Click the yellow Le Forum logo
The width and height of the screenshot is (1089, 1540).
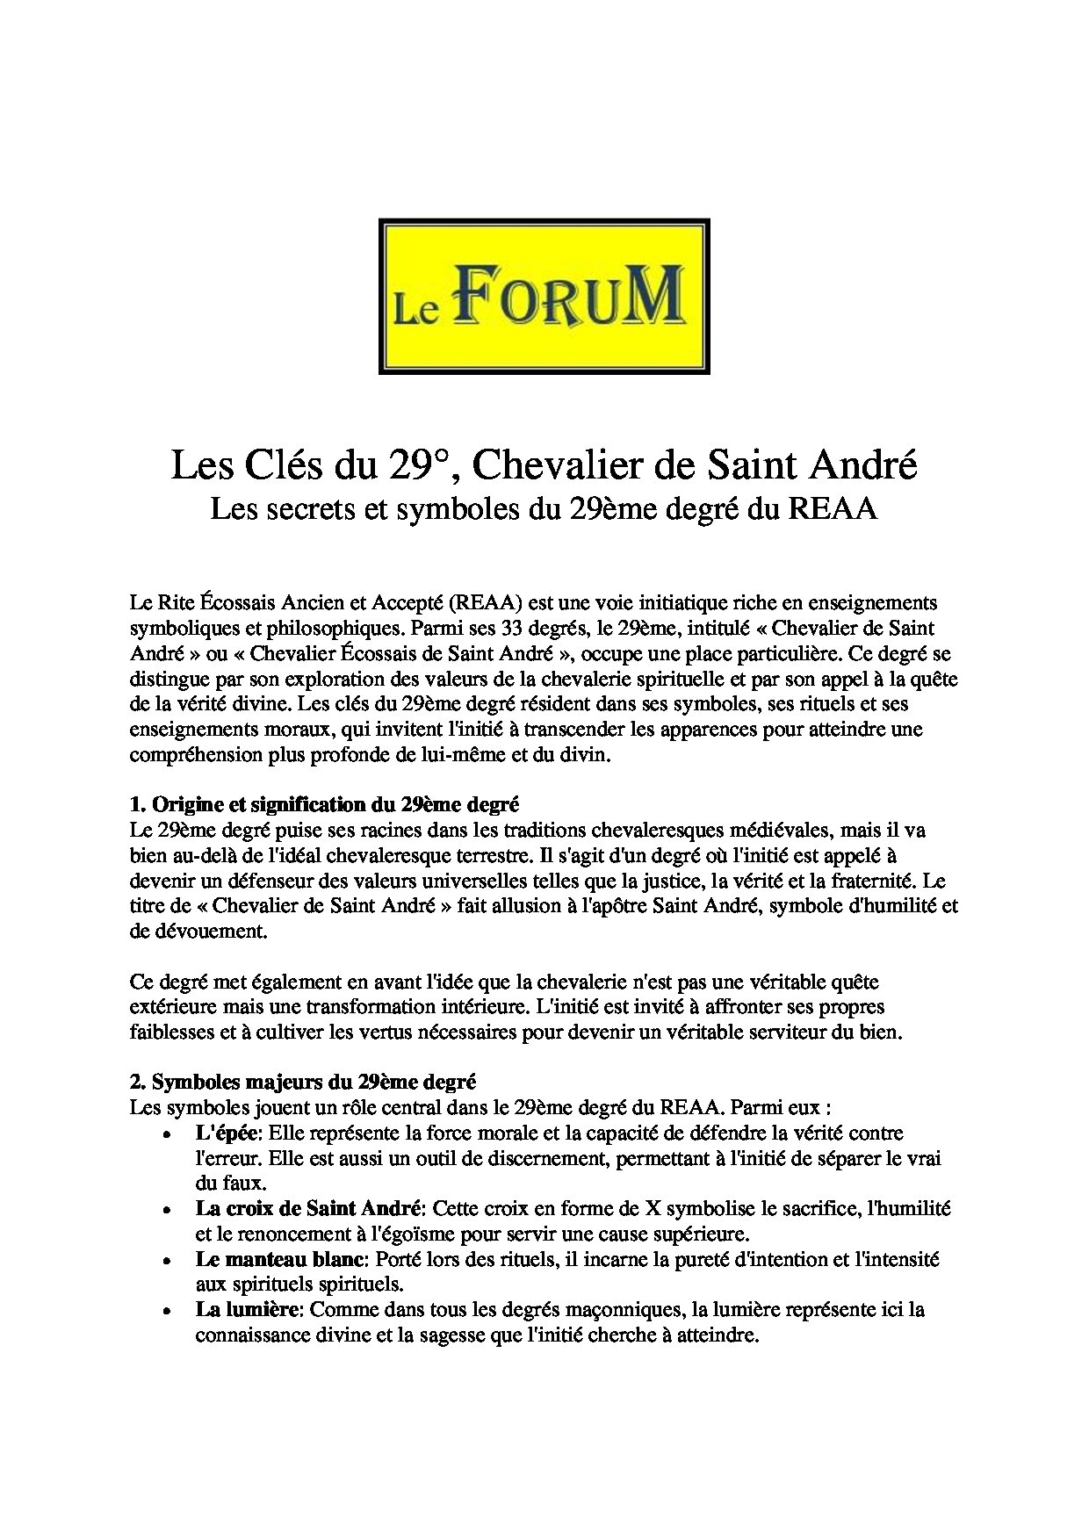(544, 297)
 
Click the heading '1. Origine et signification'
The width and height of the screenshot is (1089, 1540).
(324, 804)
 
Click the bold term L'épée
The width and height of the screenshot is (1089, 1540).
(222, 1133)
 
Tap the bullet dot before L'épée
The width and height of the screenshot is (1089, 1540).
(167, 1135)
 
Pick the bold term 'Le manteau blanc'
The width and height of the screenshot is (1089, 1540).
(279, 1260)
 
